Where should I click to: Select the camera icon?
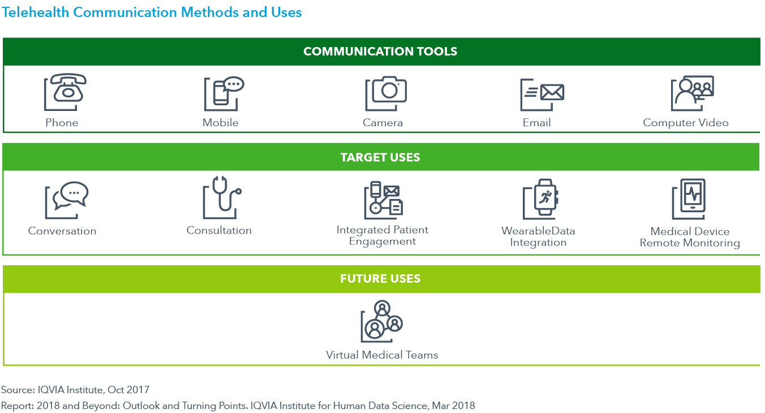pyautogui.click(x=386, y=93)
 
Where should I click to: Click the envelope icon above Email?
pyautogui.click(x=543, y=94)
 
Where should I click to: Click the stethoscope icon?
pyautogui.click(x=221, y=198)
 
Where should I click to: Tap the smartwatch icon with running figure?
pyautogui.click(x=541, y=198)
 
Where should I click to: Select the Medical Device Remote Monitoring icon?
pyautogui.click(x=690, y=199)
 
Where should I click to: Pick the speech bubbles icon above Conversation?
pyautogui.click(x=67, y=199)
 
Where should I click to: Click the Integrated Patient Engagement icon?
pyautogui.click(x=383, y=199)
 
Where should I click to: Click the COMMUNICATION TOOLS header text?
pyautogui.click(x=380, y=51)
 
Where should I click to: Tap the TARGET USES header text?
pyautogui.click(x=380, y=157)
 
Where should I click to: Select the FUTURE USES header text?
pyautogui.click(x=380, y=279)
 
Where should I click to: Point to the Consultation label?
pyautogui.click(x=219, y=231)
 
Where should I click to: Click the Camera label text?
pyautogui.click(x=383, y=123)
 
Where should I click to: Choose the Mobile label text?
pyautogui.click(x=221, y=123)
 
